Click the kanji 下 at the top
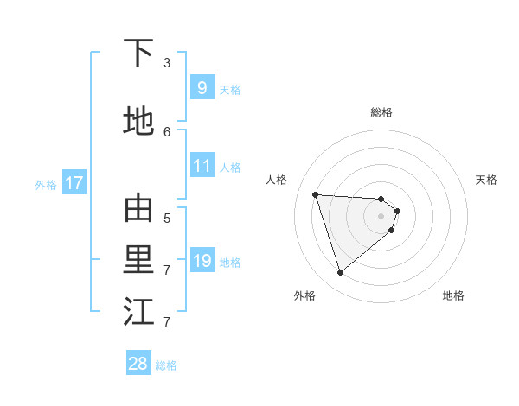pyautogui.click(x=139, y=53)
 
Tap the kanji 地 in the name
pyautogui.click(x=139, y=122)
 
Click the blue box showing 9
pyautogui.click(x=202, y=87)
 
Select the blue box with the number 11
pyautogui.click(x=202, y=166)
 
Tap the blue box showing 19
pyautogui.click(x=202, y=261)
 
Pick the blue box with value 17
pyautogui.click(x=74, y=183)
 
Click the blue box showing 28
pyautogui.click(x=138, y=364)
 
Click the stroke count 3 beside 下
pyautogui.click(x=167, y=63)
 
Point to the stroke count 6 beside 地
pyautogui.click(x=167, y=132)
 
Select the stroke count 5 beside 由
pyautogui.click(x=167, y=219)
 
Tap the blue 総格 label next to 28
pyautogui.click(x=166, y=365)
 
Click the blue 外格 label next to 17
pyautogui.click(x=46, y=184)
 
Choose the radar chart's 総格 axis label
pyautogui.click(x=381, y=112)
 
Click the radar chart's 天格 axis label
pyautogui.click(x=486, y=180)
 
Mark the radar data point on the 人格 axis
pyautogui.click(x=316, y=194)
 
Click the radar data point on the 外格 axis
pyautogui.click(x=340, y=273)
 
